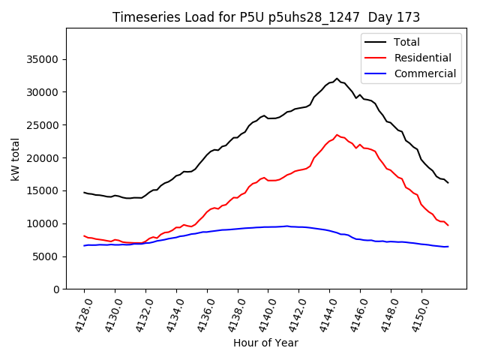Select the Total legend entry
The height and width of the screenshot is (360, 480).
tap(407, 42)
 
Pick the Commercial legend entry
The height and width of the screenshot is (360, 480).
tap(424, 73)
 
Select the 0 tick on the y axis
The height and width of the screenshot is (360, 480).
tap(55, 289)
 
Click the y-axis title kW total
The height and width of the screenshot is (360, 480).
tap(16, 159)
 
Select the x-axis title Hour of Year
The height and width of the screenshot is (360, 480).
tap(265, 343)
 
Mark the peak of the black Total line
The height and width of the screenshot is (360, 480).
tap(337, 78)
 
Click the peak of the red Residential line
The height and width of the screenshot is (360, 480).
tap(337, 135)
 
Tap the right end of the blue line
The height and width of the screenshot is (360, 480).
tap(448, 247)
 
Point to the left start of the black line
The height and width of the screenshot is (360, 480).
tap(84, 192)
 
